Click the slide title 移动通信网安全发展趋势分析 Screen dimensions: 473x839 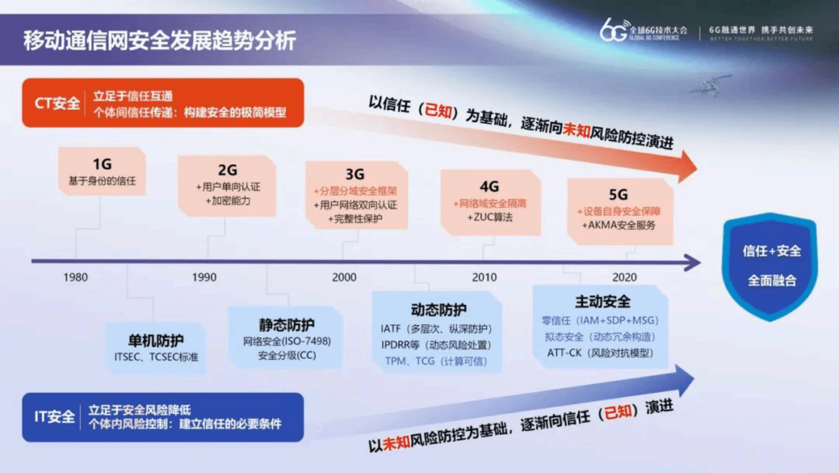click(159, 40)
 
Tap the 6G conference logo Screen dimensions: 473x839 click(643, 31)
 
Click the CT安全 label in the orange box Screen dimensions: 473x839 click(57, 103)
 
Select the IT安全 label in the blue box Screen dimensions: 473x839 click(54, 417)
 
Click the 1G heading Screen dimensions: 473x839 click(102, 164)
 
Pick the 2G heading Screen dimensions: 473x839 click(227, 170)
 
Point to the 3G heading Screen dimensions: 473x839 click(355, 174)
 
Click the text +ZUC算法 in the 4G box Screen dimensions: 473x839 click(490, 217)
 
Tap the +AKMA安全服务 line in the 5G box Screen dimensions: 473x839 click(619, 225)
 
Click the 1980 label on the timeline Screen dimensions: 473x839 click(76, 277)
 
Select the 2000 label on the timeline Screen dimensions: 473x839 click(344, 277)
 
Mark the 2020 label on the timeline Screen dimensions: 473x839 click(624, 277)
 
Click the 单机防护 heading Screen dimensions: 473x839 click(156, 340)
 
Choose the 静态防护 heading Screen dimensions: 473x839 click(287, 324)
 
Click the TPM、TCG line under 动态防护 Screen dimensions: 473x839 click(436, 361)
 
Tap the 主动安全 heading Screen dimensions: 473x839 click(602, 302)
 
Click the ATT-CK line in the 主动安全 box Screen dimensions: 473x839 click(600, 353)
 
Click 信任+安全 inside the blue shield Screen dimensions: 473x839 click(771, 251)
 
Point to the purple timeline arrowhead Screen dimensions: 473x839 click(692, 262)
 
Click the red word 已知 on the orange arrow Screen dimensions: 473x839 click(438, 111)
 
